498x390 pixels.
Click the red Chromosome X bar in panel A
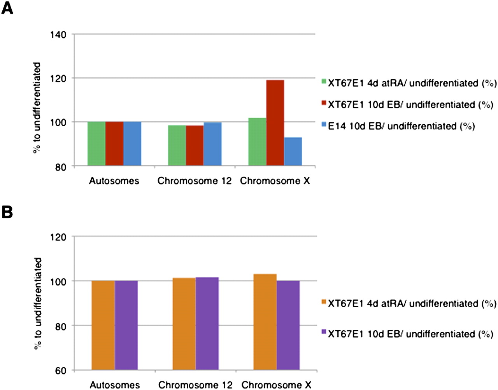(x=275, y=123)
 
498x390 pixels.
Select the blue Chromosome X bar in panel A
(x=293, y=151)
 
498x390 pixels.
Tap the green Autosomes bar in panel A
(x=96, y=144)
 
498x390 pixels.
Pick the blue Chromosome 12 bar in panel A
(x=212, y=144)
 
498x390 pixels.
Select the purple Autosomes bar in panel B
(x=126, y=325)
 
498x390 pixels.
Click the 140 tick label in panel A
(x=58, y=35)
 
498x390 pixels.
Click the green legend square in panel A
(x=323, y=82)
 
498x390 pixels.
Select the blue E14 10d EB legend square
(x=323, y=125)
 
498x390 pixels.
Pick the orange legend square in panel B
(x=323, y=302)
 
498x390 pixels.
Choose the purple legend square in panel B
(x=323, y=332)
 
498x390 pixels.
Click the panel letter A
(x=7, y=7)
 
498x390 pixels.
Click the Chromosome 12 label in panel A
(x=194, y=181)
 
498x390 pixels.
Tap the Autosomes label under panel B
(x=115, y=385)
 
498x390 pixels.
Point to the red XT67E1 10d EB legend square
(x=323, y=103)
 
